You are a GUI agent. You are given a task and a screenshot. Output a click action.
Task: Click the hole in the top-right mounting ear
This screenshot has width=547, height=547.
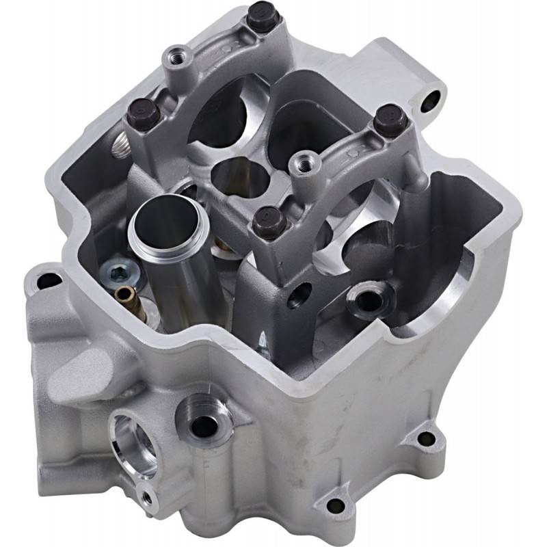[x=431, y=103]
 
